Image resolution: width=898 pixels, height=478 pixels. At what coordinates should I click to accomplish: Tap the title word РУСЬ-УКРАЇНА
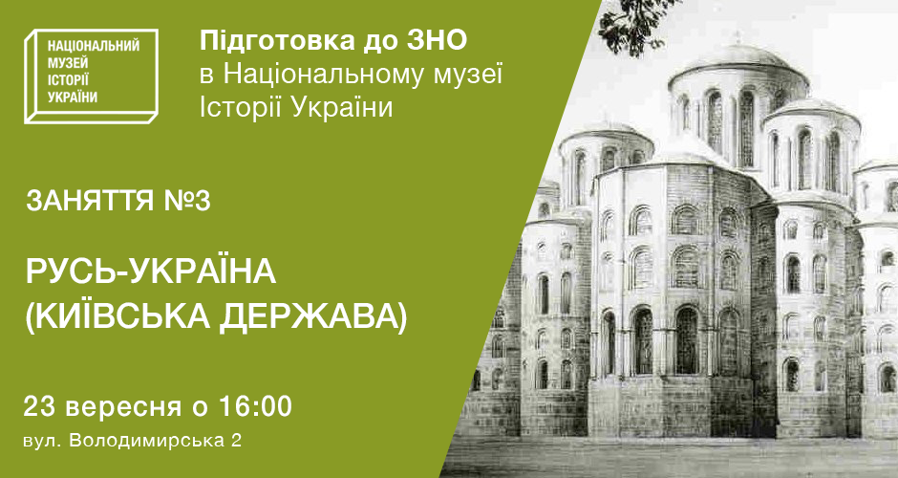151,272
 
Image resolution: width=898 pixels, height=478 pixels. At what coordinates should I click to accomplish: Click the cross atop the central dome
738,37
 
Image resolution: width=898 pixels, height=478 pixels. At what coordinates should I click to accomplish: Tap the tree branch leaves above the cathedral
632,24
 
